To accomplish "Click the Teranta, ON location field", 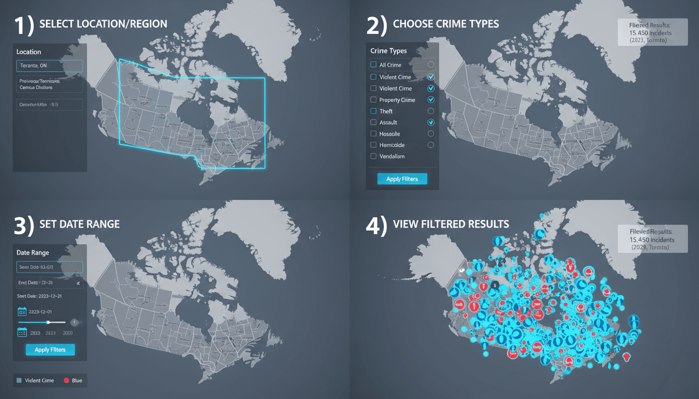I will [49, 65].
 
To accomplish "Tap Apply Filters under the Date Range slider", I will [50, 350].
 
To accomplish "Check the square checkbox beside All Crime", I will [373, 65].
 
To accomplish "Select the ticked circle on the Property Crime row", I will [431, 100].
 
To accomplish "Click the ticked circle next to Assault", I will [431, 123].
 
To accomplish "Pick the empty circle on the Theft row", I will [431, 111].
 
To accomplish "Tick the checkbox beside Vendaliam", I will [373, 156].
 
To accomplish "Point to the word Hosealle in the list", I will [390, 134].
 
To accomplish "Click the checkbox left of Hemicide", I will [373, 145].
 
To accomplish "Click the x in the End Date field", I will [77, 283].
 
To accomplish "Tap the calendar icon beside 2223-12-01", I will [22, 312].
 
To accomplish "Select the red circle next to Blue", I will [66, 381].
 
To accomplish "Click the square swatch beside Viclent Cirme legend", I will [19, 381].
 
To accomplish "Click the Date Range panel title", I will [33, 252].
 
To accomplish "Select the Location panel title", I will [29, 52].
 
